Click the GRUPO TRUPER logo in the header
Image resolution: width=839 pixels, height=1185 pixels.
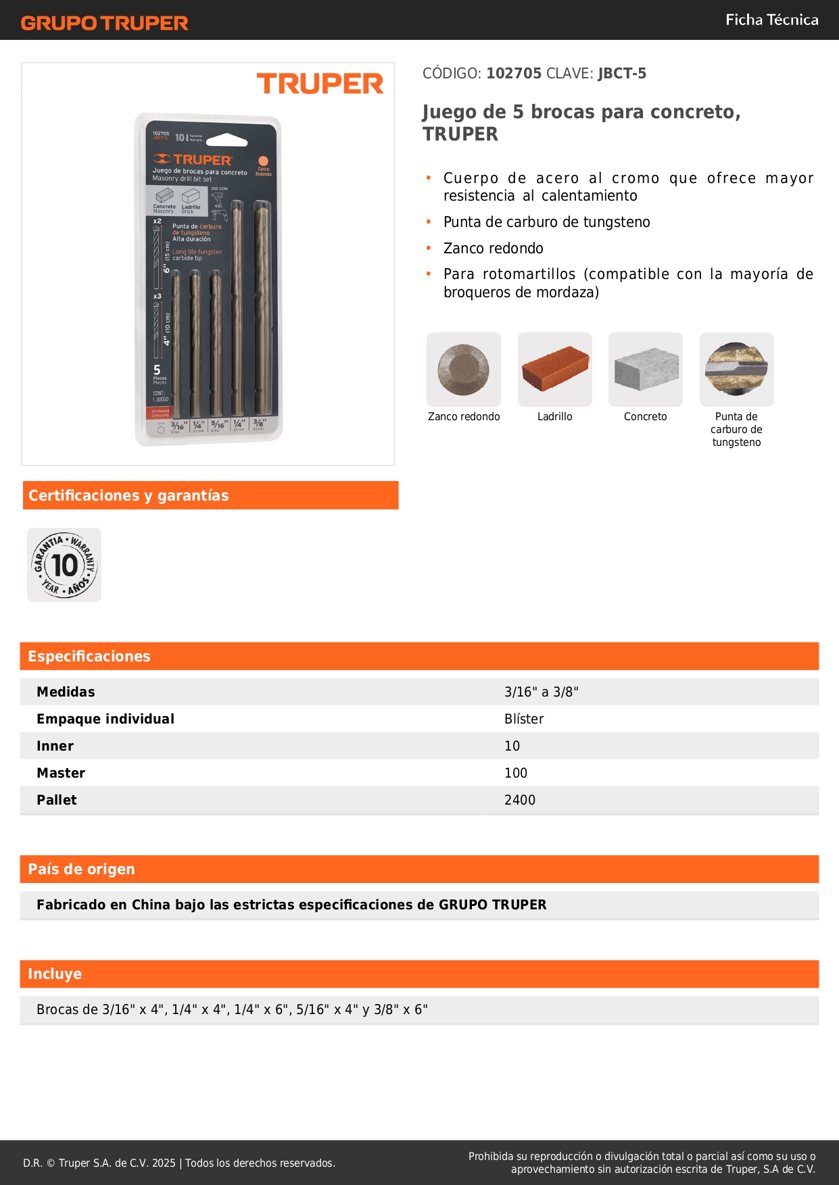point(104,23)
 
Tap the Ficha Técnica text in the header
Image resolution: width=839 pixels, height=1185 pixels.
point(771,20)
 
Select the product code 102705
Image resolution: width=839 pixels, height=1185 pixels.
point(514,73)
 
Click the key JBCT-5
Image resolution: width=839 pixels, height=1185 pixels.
point(622,73)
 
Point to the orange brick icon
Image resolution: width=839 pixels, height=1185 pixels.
point(554,369)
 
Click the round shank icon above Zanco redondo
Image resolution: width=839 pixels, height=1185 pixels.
point(464,369)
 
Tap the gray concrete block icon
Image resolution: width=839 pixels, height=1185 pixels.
point(646,369)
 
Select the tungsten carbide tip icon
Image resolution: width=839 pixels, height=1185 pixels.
point(736,369)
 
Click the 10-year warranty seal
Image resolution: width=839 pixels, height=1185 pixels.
point(64,565)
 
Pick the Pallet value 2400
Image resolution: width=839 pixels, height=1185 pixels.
point(519,800)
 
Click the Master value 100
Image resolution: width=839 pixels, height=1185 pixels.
point(516,773)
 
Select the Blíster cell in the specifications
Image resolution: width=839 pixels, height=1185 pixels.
point(524,719)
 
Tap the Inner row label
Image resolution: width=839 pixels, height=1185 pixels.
point(55,746)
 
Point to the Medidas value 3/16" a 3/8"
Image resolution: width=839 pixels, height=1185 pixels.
point(541,692)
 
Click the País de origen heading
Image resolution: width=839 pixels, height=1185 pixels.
point(81,869)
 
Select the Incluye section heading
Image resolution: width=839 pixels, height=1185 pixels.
point(55,974)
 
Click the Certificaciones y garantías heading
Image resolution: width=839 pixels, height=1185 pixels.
point(128,495)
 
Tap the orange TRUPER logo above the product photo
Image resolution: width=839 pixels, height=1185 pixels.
point(320,84)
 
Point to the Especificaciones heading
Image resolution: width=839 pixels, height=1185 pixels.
point(89,656)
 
